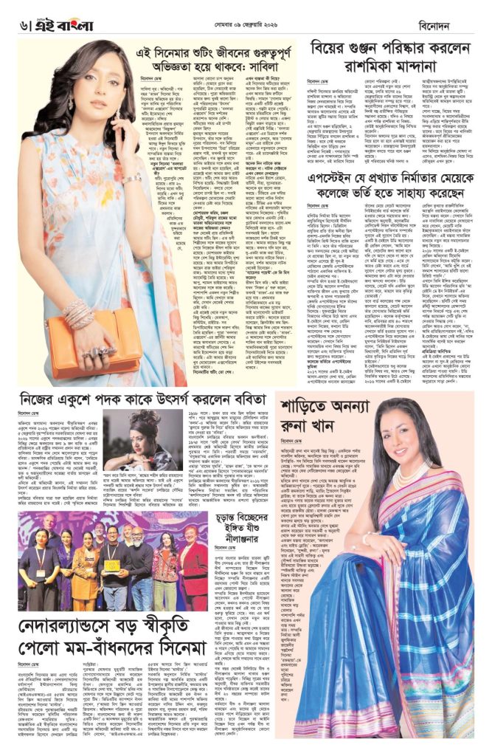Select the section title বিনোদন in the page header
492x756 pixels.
pos(462,25)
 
